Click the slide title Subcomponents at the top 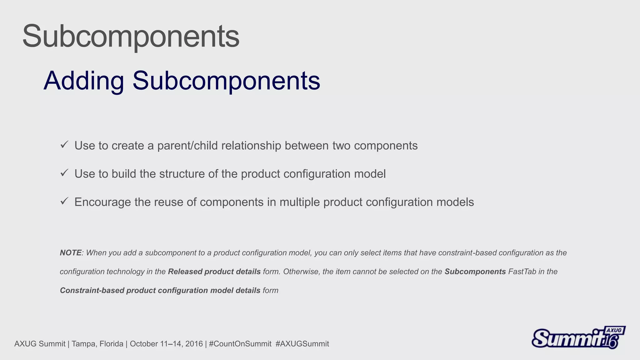click(131, 36)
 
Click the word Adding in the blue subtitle click(84, 81)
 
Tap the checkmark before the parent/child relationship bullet click(64, 144)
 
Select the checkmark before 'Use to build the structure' click(64, 172)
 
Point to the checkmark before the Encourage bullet click(64, 201)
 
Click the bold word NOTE click(71, 253)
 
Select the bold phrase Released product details click(214, 272)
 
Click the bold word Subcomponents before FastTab click(475, 272)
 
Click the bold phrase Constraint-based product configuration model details click(160, 290)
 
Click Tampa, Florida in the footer click(97, 344)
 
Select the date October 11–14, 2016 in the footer click(166, 344)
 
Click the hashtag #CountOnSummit click(240, 344)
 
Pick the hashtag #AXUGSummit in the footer click(302, 344)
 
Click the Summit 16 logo click(578, 337)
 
